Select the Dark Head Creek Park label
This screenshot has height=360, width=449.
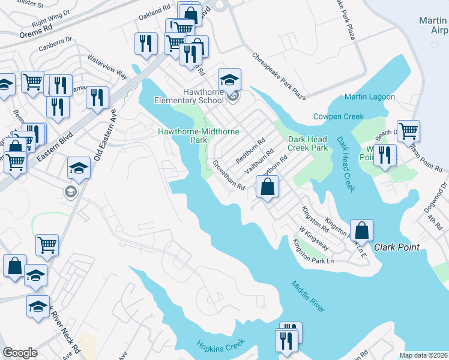point(307,143)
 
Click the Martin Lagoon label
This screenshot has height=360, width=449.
point(370,97)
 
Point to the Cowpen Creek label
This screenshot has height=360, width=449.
point(339,116)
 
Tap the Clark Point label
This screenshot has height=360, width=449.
point(396,247)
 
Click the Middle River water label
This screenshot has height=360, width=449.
point(309,296)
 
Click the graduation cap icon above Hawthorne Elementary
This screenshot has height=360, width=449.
point(229,79)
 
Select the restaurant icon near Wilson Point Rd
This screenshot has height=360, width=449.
point(384,155)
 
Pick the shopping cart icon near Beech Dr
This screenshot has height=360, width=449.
point(408,130)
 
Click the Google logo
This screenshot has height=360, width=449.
point(20,353)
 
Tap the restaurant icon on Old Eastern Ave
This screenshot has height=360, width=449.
point(97,97)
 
